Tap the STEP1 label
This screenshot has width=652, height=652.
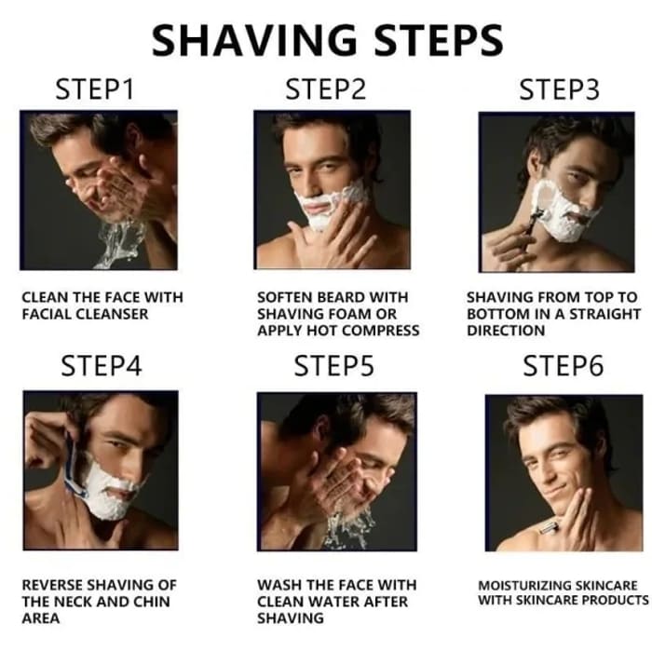pyautogui.click(x=95, y=91)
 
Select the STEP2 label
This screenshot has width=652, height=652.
pyautogui.click(x=325, y=90)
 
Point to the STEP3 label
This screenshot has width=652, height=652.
pyautogui.click(x=557, y=90)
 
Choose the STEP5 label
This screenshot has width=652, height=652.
pyautogui.click(x=333, y=366)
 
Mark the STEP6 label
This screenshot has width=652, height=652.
pyautogui.click(x=563, y=366)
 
